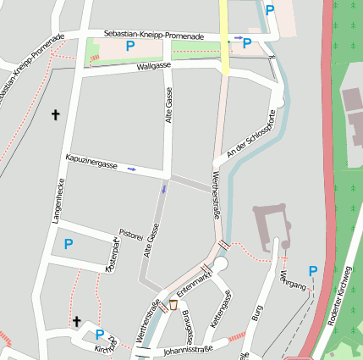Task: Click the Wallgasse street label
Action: (x=154, y=65)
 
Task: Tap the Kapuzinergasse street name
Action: (x=91, y=163)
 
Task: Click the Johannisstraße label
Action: (x=186, y=347)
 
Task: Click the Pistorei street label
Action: (x=130, y=234)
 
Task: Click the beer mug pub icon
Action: (x=173, y=304)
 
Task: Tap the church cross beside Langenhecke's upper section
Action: (x=57, y=114)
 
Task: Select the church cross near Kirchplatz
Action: (x=76, y=321)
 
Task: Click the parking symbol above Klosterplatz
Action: (x=69, y=244)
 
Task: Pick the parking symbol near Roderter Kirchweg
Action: (x=312, y=271)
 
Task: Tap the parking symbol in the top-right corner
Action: (x=270, y=11)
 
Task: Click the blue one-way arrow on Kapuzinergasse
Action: (x=132, y=169)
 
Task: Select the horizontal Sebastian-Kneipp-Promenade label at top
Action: (x=153, y=36)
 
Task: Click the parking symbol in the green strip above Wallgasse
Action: (x=130, y=47)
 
